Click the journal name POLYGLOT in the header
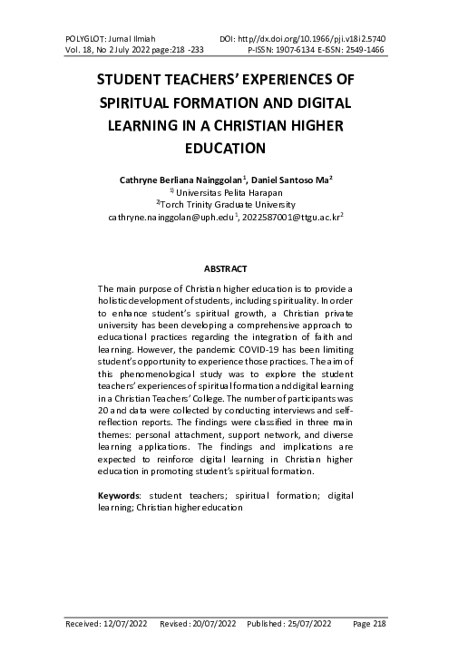(x=86, y=39)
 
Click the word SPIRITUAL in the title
(x=148, y=101)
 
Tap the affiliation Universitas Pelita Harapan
(x=229, y=192)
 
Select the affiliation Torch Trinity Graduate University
(x=233, y=205)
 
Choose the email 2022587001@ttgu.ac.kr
(x=290, y=218)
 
